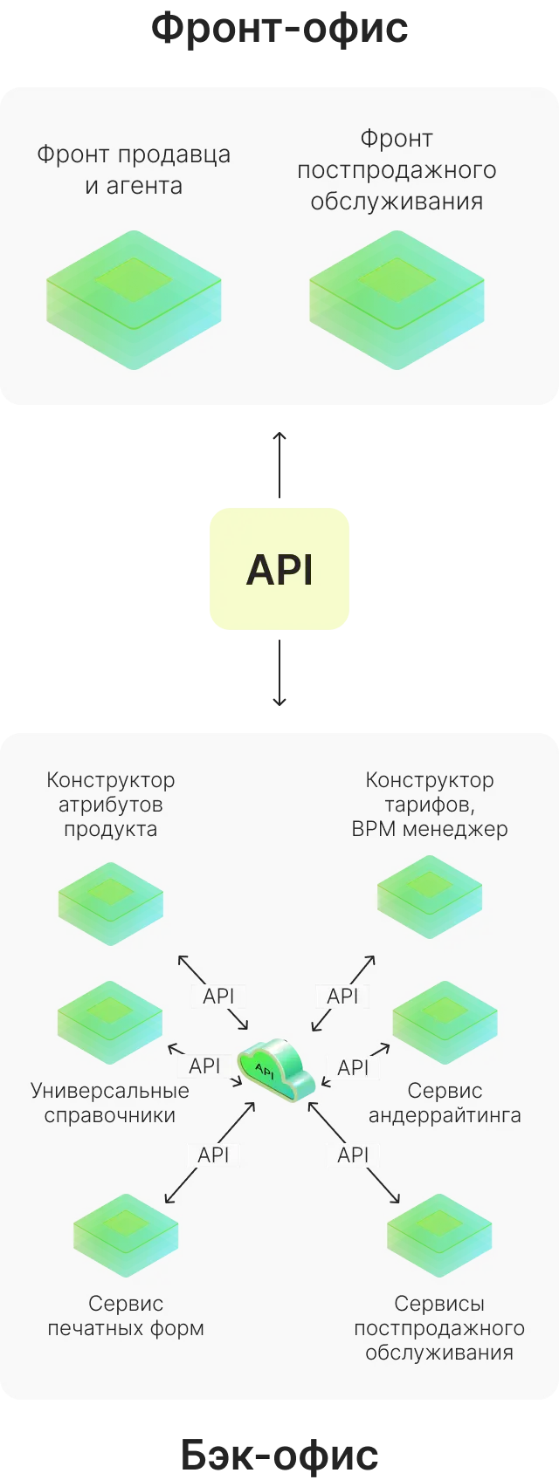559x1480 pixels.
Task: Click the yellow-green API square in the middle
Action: (279, 569)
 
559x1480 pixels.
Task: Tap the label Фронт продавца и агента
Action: (134, 170)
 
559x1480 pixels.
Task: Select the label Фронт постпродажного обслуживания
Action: (397, 170)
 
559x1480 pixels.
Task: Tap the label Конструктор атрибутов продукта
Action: (110, 804)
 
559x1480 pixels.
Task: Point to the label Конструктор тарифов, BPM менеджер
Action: (429, 804)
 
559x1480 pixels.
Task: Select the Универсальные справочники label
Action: (109, 1103)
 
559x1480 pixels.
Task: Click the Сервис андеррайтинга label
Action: (445, 1103)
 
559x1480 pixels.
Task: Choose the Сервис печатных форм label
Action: (126, 1316)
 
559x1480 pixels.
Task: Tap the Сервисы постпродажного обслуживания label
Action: (439, 1328)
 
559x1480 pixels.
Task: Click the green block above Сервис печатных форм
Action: (126, 1236)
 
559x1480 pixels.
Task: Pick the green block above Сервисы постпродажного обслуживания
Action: (439, 1236)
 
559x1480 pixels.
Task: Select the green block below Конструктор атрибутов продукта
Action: (110, 904)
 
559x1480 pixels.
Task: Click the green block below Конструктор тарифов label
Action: (429, 898)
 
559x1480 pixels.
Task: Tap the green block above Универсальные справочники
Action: (110, 1023)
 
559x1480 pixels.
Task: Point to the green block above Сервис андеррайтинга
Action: (445, 1023)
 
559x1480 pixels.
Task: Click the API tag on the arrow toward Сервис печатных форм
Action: (213, 1155)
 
